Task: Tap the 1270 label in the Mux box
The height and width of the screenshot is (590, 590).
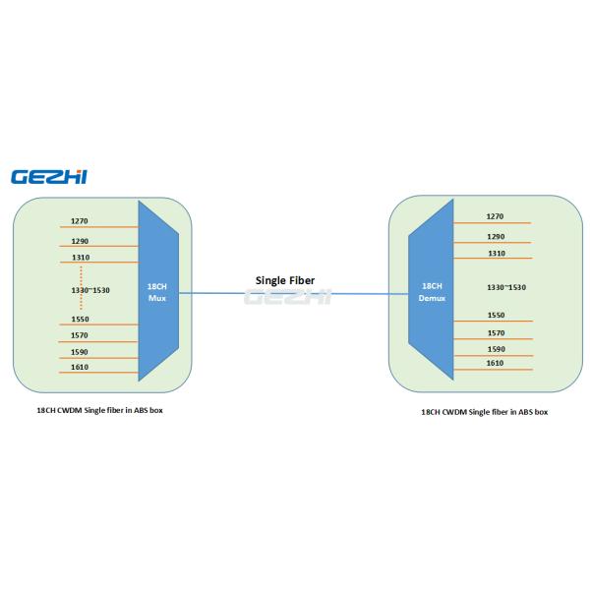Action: point(80,221)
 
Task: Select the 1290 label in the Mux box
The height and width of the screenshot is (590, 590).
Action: point(80,241)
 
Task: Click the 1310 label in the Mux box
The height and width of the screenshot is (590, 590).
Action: point(80,258)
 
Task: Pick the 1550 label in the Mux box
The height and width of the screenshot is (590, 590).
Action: point(80,320)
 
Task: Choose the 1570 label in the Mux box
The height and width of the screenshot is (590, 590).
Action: point(80,336)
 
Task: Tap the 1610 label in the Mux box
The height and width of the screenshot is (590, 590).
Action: point(80,367)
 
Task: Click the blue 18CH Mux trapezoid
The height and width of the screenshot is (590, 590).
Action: point(157,291)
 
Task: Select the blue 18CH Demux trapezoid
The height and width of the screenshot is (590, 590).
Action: point(432,291)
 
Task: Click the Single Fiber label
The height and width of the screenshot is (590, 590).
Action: point(285,280)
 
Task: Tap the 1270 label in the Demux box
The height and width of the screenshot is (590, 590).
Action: point(496,216)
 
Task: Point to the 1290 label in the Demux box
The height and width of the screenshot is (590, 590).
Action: point(496,237)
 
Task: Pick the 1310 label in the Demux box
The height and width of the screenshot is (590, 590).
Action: point(496,254)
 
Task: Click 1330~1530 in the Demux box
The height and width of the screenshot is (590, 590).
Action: point(507,286)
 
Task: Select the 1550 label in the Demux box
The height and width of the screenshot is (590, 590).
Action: point(496,316)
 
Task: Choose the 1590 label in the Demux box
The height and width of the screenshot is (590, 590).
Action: point(496,349)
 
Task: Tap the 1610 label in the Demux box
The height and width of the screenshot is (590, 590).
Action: point(496,364)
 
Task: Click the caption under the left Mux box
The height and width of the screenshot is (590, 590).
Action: point(93,409)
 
